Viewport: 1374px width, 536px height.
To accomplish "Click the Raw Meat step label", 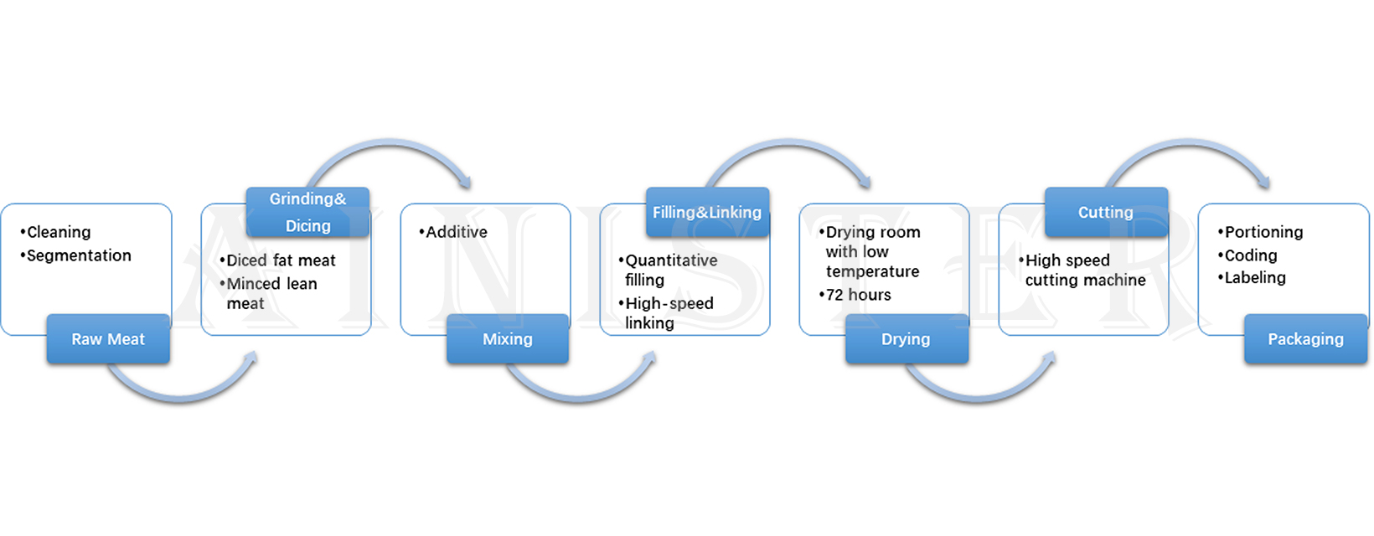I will (108, 339).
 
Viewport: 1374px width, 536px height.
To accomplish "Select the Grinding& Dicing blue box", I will (307, 212).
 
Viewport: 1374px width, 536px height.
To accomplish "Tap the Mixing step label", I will (508, 339).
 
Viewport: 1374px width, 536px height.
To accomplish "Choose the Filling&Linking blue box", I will (707, 212).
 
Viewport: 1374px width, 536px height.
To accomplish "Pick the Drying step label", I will (906, 339).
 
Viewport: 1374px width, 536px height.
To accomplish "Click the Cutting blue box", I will (1106, 212).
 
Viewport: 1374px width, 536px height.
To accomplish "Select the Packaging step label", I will (1305, 339).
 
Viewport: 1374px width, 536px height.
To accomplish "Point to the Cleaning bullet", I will (58, 232).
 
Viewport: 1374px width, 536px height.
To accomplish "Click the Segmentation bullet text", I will (79, 255).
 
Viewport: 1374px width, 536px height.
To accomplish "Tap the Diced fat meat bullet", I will (281, 260).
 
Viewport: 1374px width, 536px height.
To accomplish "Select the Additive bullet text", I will (456, 232).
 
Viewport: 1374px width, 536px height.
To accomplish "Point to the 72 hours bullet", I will (858, 295).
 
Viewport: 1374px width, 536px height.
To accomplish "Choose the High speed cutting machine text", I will (1085, 270).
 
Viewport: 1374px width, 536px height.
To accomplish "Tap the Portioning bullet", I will (1263, 232).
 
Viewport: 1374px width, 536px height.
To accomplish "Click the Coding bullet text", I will (1251, 255).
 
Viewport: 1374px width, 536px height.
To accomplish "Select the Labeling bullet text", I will (1255, 277).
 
